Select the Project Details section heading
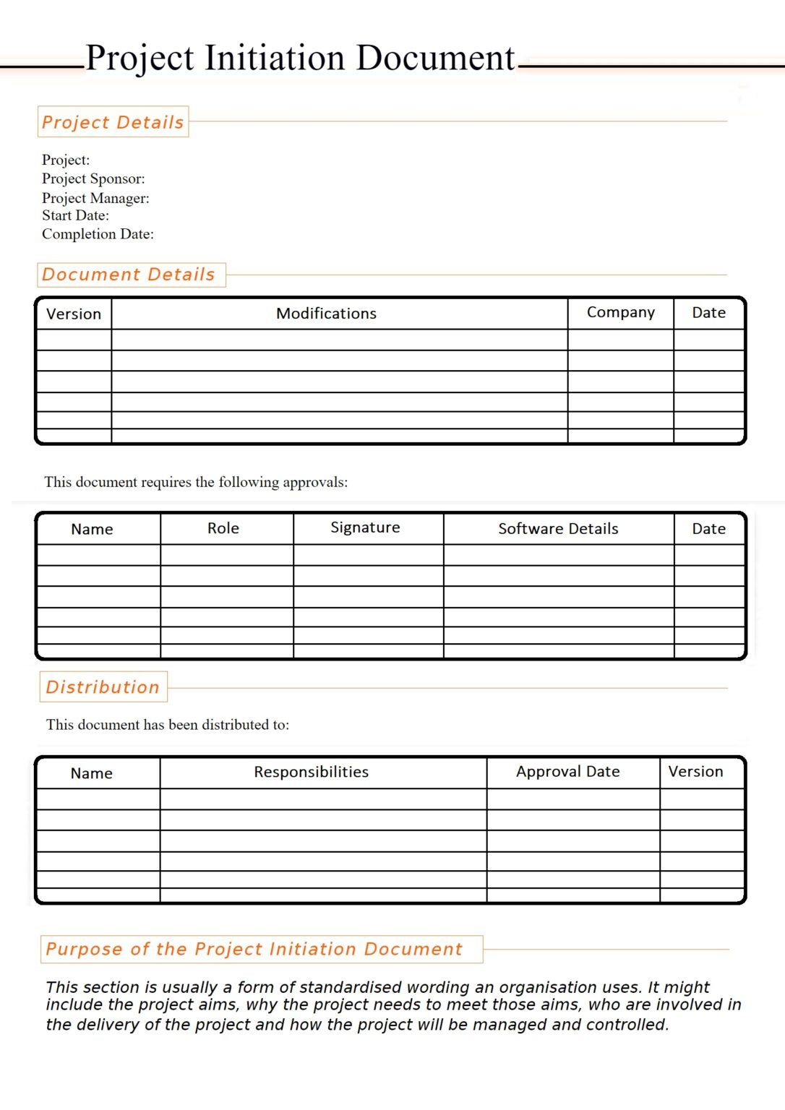tap(113, 122)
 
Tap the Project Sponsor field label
tap(93, 178)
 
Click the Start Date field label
tap(75, 215)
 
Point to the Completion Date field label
tap(98, 234)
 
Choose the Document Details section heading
tap(129, 275)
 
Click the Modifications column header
tap(326, 314)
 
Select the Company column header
tap(620, 312)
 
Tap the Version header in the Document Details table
tap(74, 314)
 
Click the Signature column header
tap(365, 528)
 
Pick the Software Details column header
tap(558, 529)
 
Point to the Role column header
tap(223, 528)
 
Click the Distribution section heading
tap(103, 687)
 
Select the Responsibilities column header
tap(311, 772)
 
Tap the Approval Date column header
tap(567, 772)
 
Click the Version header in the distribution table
tap(695, 772)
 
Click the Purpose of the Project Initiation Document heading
tap(254, 949)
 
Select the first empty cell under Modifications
tap(339, 340)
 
